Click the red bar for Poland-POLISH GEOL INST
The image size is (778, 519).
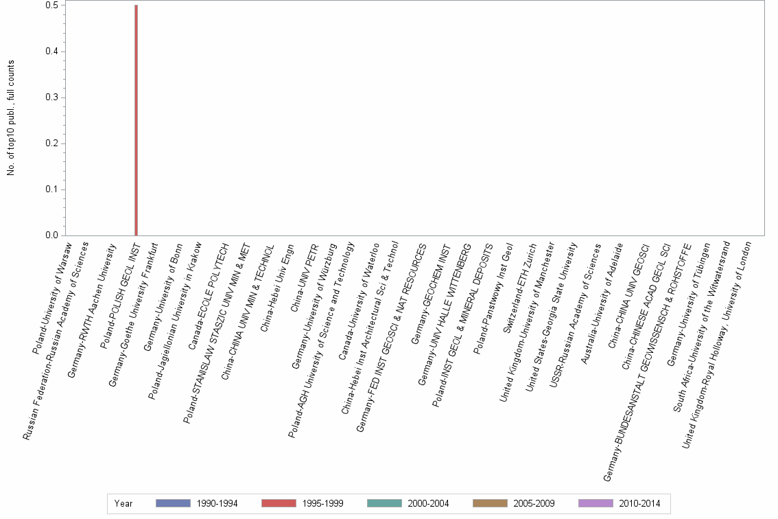(x=136, y=120)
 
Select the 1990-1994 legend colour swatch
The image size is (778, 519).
(x=173, y=503)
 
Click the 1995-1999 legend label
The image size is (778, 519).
(x=322, y=503)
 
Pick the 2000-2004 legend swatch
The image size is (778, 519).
(x=384, y=503)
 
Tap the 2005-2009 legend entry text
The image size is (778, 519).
(x=534, y=503)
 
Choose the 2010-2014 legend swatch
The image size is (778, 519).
(x=596, y=503)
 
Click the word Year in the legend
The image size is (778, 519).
(x=123, y=503)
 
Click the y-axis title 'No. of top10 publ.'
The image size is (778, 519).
(x=11, y=118)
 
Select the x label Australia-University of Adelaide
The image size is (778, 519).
(x=602, y=303)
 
